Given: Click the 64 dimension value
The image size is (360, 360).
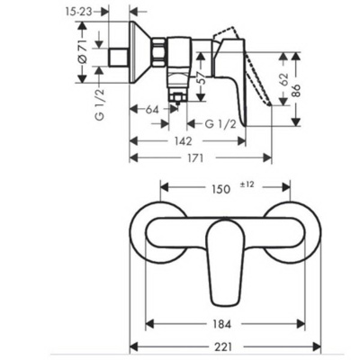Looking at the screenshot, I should coord(152,109).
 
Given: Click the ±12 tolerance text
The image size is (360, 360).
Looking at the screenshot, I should coord(248,185).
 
